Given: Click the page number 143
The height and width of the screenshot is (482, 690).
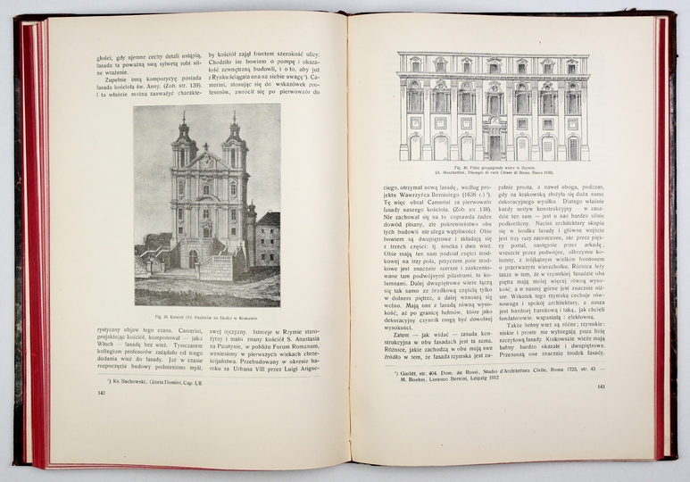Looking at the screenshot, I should (600, 387).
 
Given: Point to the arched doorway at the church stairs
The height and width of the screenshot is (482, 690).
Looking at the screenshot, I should (193, 259).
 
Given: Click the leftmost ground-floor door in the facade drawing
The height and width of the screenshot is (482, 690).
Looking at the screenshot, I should (414, 147).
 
